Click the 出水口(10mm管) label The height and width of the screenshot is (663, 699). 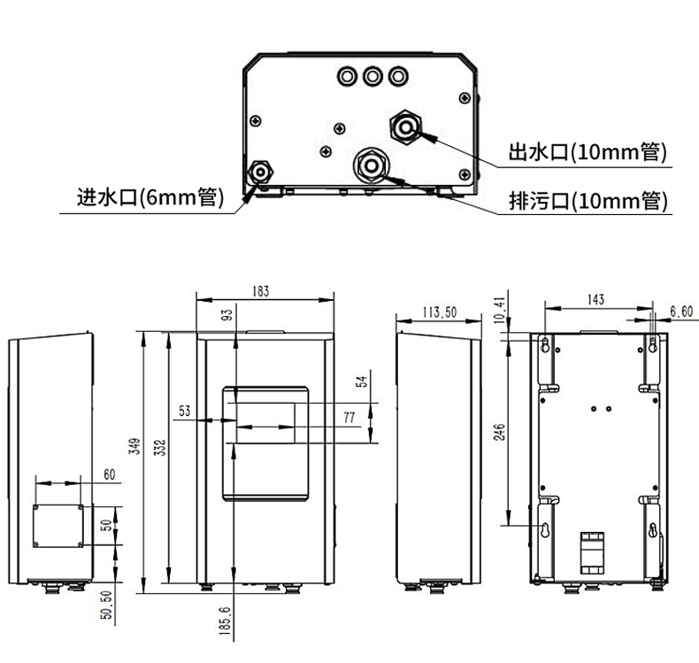[588, 152]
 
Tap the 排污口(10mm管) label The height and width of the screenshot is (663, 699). [588, 201]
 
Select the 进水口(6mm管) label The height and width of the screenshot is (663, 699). [150, 197]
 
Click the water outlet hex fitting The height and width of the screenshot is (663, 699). [405, 127]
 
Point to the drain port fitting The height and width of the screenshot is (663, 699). [371, 166]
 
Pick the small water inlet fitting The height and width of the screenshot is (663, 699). [260, 172]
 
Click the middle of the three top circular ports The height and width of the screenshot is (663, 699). [373, 76]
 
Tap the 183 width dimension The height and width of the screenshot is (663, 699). [261, 291]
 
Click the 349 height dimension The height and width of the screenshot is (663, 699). [134, 446]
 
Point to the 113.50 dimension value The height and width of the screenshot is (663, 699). [440, 312]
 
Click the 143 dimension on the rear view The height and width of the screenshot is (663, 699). [596, 299]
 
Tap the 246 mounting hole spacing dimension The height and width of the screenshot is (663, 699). [499, 432]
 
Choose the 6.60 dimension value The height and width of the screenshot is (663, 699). [681, 312]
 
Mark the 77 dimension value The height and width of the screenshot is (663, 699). [349, 417]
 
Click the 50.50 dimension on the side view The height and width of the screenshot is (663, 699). [106, 605]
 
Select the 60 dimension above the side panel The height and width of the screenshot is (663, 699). [109, 474]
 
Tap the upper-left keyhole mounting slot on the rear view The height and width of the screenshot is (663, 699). [545, 344]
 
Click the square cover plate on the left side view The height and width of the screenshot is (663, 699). [58, 526]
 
